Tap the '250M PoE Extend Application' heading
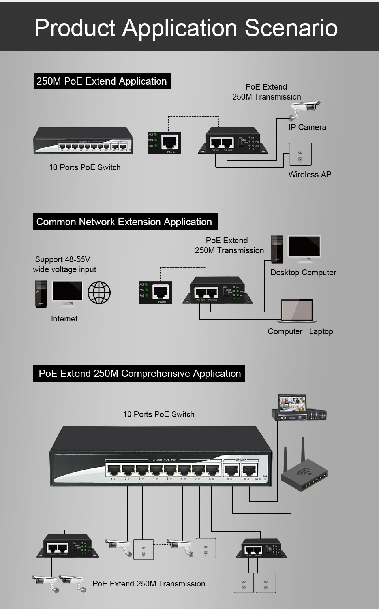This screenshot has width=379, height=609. coord(102,81)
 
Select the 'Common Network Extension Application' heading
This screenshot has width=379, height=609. coord(124,222)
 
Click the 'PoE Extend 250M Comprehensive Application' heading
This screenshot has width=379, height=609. coord(140,373)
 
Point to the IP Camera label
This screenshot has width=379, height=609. coord(307,127)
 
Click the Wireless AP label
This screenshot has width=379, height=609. coord(310,175)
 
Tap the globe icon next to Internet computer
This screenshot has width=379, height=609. coord(99,293)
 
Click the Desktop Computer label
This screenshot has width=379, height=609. coord(303,273)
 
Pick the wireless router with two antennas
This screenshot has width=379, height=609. coord(304,468)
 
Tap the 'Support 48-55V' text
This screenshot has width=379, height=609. coord(63,259)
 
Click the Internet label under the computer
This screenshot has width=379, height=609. coord(64,319)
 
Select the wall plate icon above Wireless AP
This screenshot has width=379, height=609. coord(300,154)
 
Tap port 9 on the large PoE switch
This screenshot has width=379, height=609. coord(231,470)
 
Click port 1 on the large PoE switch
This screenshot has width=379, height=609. coord(113,470)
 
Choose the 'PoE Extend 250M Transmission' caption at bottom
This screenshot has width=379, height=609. coord(149,584)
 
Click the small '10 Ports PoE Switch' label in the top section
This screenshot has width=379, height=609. coord(85,167)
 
